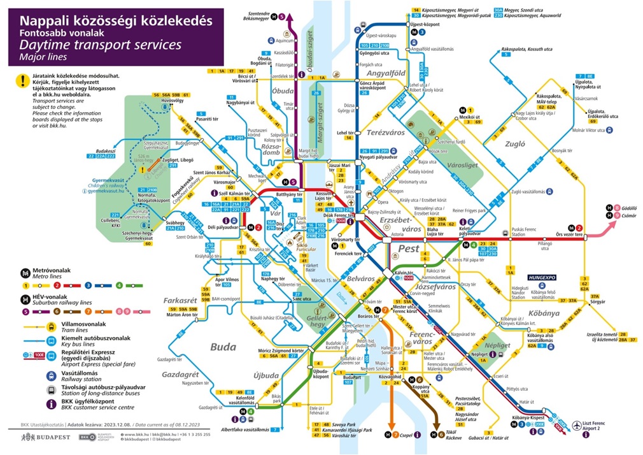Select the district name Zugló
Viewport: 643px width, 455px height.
514,144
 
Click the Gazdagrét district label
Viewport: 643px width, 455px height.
181,374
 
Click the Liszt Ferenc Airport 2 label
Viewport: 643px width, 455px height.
604,427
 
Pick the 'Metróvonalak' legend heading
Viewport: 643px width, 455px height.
53,270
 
